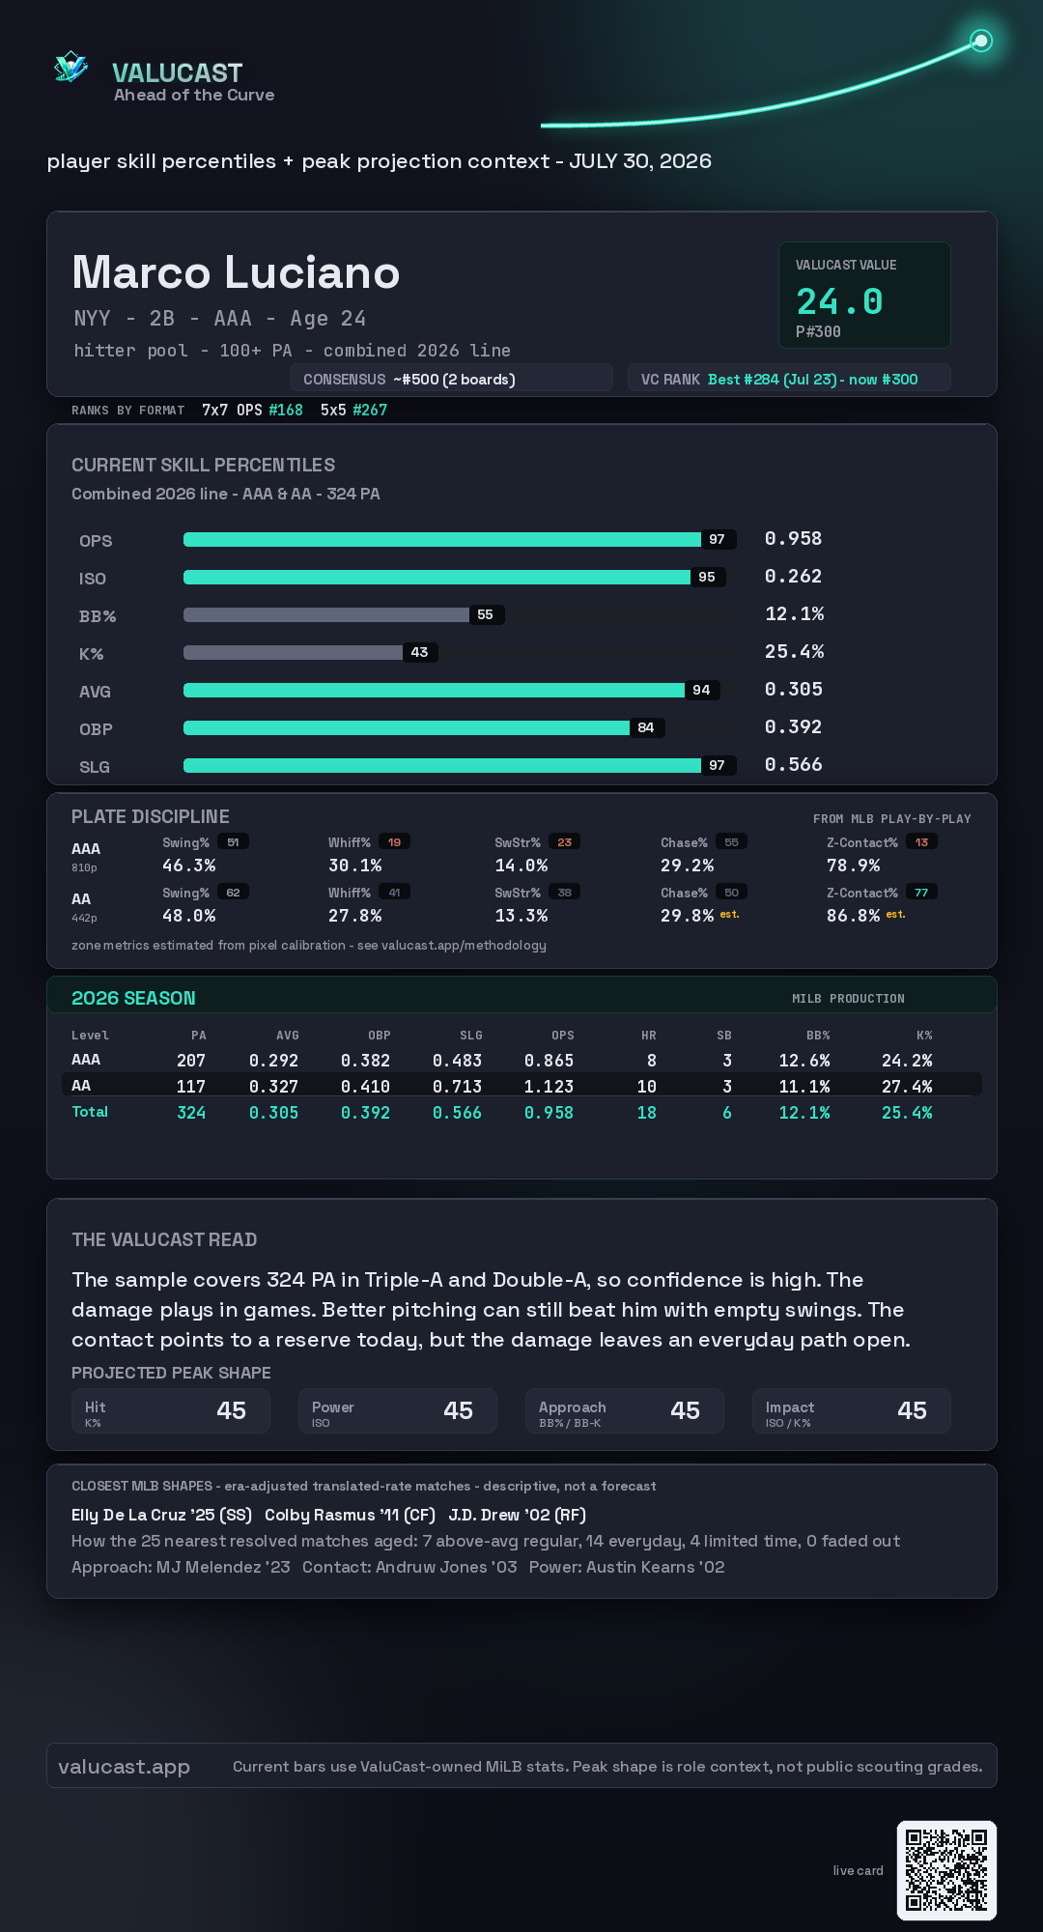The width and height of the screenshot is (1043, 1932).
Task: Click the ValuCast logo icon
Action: click(x=70, y=67)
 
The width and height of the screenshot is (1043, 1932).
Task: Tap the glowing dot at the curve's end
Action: click(x=981, y=41)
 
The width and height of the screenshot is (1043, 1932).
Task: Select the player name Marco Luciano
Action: click(x=236, y=272)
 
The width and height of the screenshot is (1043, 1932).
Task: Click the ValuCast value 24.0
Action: click(x=839, y=301)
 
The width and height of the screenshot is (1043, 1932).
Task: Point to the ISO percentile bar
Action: click(x=437, y=577)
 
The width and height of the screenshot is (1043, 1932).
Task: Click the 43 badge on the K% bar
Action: click(x=419, y=652)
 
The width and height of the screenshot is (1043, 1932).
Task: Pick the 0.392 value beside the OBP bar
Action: click(x=793, y=726)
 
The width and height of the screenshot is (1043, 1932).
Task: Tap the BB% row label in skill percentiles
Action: click(x=98, y=616)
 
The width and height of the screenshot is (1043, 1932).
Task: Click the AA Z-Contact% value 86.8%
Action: click(x=853, y=916)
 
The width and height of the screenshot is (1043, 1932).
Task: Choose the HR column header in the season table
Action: click(x=649, y=1036)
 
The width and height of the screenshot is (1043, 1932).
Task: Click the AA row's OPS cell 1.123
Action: click(x=549, y=1087)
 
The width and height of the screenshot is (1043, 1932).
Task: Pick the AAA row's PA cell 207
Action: click(x=191, y=1061)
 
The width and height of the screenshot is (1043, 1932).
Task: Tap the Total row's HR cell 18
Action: click(x=647, y=1113)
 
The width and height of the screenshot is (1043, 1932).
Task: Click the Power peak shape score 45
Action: click(x=458, y=1410)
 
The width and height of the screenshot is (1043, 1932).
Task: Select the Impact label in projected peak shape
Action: click(x=790, y=1407)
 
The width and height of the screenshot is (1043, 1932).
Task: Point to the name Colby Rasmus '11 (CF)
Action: click(x=350, y=1515)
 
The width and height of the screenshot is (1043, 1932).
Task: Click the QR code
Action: click(x=946, y=1870)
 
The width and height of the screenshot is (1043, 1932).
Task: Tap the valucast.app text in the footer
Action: click(x=124, y=1767)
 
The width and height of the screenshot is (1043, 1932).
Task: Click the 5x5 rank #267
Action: click(x=370, y=410)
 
